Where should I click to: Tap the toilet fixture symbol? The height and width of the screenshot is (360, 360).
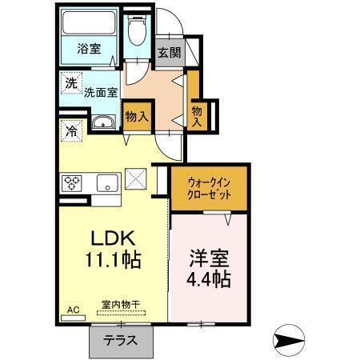pyautogui.click(x=137, y=30)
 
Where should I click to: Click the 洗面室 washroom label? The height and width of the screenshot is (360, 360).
pyautogui.click(x=102, y=92)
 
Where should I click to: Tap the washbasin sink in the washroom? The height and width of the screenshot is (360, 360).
pyautogui.click(x=103, y=122)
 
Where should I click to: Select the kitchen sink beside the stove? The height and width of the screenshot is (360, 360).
pyautogui.click(x=108, y=183)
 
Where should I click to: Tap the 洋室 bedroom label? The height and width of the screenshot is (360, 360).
pyautogui.click(x=210, y=258)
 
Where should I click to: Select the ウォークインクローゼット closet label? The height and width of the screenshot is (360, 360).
pyautogui.click(x=210, y=188)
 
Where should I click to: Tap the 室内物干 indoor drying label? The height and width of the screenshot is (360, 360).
pyautogui.click(x=121, y=304)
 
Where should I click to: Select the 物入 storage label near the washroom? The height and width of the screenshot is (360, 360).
pyautogui.click(x=137, y=116)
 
